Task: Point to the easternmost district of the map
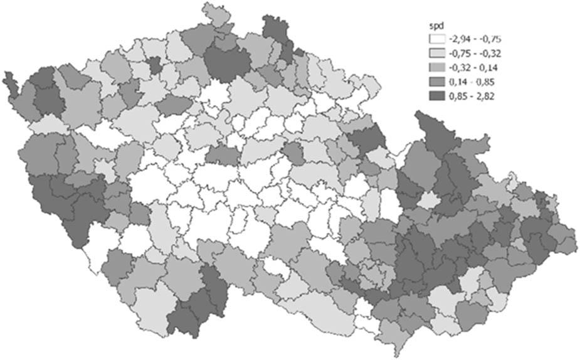[567, 238]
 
